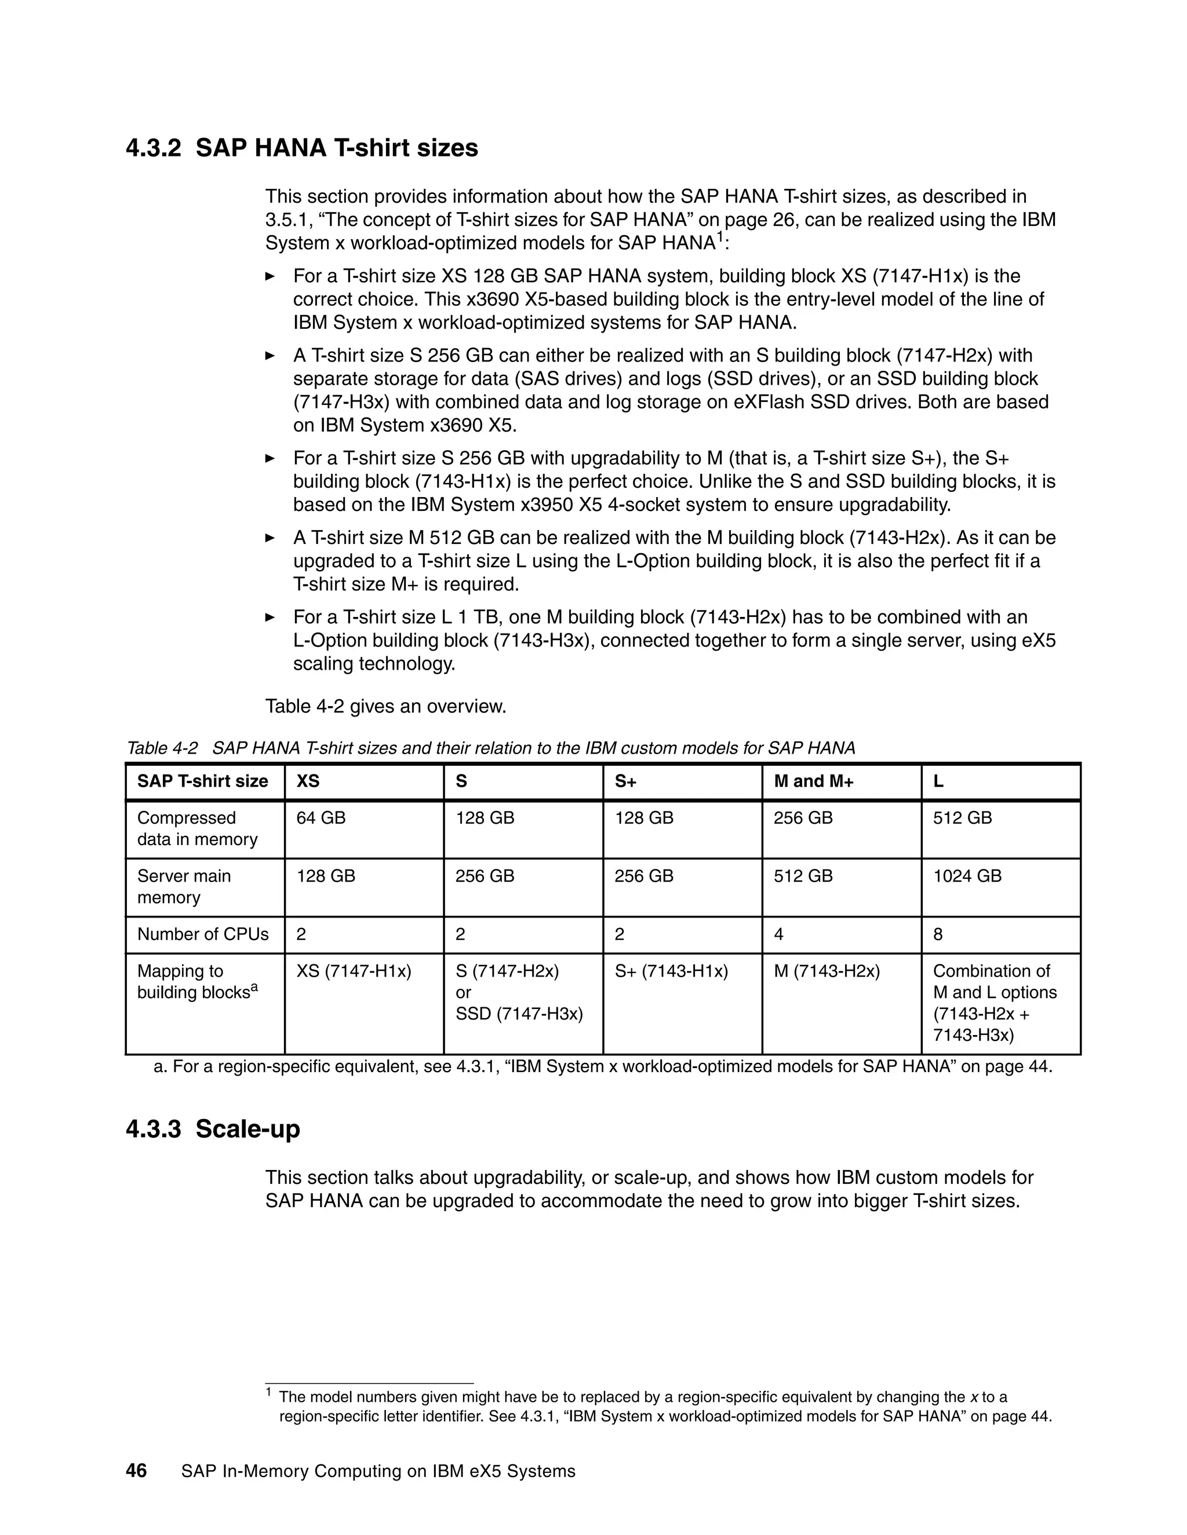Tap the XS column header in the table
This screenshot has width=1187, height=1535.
[308, 781]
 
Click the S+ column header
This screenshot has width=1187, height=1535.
[625, 781]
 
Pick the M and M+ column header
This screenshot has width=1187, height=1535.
[814, 781]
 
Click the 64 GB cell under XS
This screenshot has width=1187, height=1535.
[321, 818]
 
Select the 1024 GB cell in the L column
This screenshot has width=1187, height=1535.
[967, 876]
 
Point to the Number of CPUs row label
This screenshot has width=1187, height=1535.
[202, 934]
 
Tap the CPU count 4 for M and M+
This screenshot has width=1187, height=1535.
[778, 935]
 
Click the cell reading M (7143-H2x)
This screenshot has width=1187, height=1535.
[826, 971]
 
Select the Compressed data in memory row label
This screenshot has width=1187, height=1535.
[197, 829]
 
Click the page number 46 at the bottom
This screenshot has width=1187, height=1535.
[136, 1471]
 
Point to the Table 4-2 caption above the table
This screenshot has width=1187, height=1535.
[490, 748]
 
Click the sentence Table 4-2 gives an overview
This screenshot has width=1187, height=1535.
[385, 706]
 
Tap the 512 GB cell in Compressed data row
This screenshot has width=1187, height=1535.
[962, 818]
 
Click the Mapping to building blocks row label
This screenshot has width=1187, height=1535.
[197, 982]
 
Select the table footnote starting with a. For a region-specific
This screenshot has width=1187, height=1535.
[603, 1066]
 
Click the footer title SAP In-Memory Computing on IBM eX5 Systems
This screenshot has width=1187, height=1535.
[378, 1472]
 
